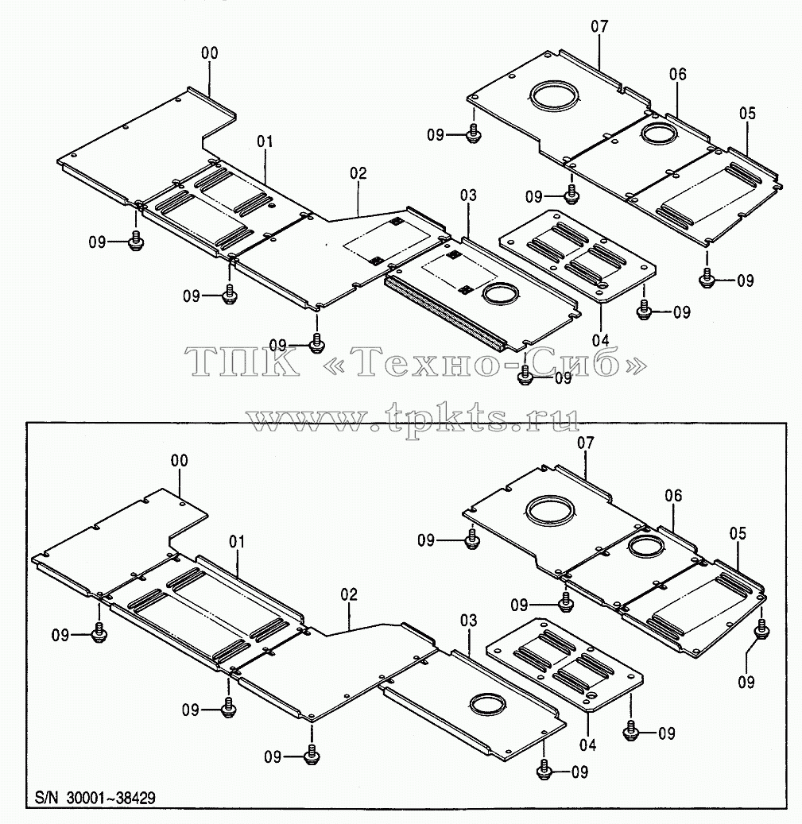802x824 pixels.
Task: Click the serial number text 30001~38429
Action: pyautogui.click(x=111, y=799)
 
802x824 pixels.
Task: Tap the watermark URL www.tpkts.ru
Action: pyautogui.click(x=413, y=418)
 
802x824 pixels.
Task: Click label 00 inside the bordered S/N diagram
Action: pyautogui.click(x=179, y=460)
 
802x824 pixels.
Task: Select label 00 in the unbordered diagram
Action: pyautogui.click(x=209, y=53)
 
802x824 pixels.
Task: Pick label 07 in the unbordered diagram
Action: pyautogui.click(x=599, y=26)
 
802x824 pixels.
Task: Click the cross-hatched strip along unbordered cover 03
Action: pyautogui.click(x=444, y=313)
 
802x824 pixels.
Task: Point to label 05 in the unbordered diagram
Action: pyautogui.click(x=747, y=114)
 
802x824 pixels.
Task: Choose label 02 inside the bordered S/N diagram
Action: pyautogui.click(x=348, y=594)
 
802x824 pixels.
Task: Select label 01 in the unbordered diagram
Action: pyautogui.click(x=265, y=141)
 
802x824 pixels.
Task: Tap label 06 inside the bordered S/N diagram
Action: pyautogui.click(x=673, y=496)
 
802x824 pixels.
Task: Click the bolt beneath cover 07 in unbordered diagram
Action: pyautogui.click(x=473, y=134)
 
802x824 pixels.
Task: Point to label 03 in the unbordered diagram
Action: pyautogui.click(x=468, y=195)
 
